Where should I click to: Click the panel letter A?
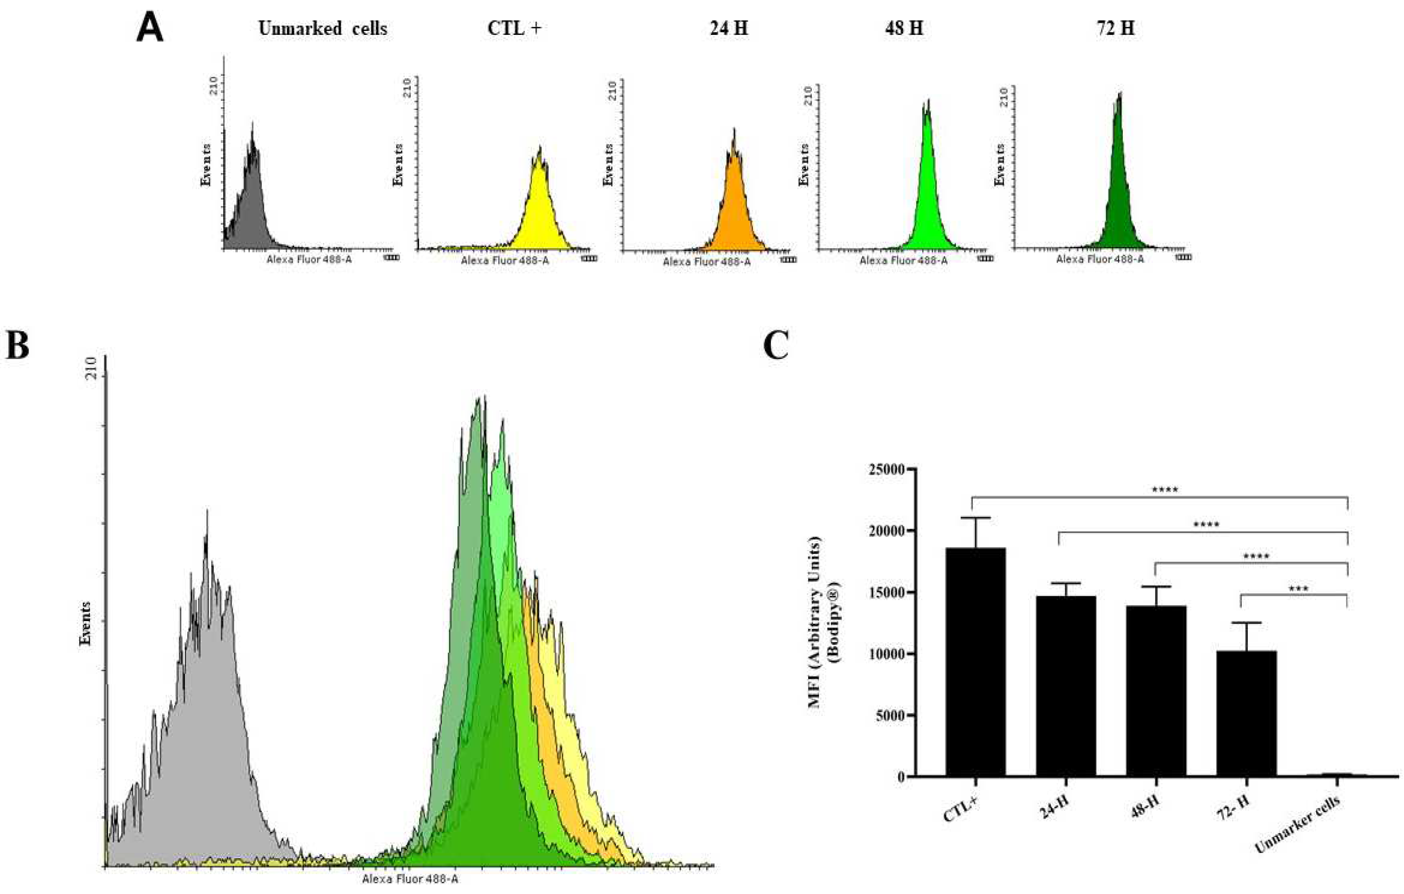(x=149, y=30)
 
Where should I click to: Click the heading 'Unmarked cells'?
(x=322, y=29)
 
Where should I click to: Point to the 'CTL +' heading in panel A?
(x=514, y=29)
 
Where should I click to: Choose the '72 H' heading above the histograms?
(x=1115, y=29)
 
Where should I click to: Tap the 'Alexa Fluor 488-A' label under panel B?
(x=410, y=879)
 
